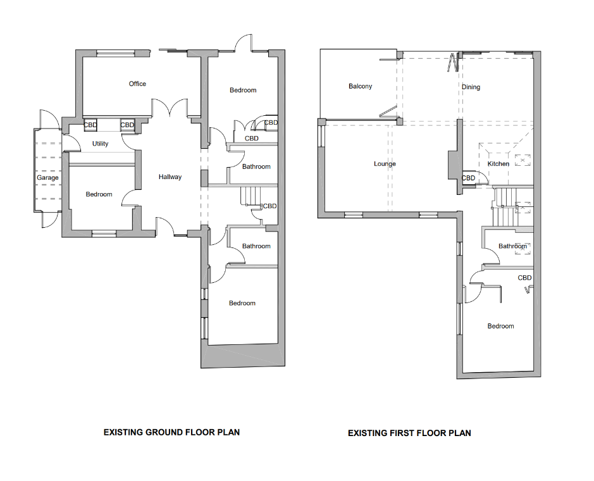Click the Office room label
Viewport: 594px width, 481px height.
click(x=137, y=84)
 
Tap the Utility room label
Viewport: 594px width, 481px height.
click(x=100, y=144)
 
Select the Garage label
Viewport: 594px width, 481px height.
click(x=47, y=178)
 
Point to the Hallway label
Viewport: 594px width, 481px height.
click(x=170, y=177)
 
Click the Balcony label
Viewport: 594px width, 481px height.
click(x=361, y=87)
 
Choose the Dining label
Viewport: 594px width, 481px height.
click(x=471, y=87)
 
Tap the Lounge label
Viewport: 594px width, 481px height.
click(x=385, y=164)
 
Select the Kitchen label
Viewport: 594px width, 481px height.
click(x=498, y=164)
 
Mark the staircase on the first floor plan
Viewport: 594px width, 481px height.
click(x=505, y=207)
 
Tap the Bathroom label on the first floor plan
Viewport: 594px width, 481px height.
click(x=512, y=246)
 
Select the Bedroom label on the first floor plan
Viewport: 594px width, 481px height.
click(x=500, y=327)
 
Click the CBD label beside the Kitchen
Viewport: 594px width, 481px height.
click(x=468, y=178)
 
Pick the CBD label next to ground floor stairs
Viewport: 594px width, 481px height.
click(x=269, y=206)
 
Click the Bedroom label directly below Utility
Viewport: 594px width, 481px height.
click(x=99, y=194)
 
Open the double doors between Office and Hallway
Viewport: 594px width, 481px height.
click(x=170, y=109)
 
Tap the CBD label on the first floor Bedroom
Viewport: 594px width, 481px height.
click(x=524, y=278)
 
